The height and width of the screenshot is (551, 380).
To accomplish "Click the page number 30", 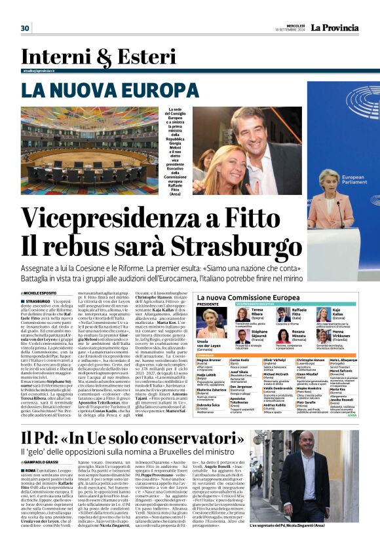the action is pyautogui.click(x=26, y=28).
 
